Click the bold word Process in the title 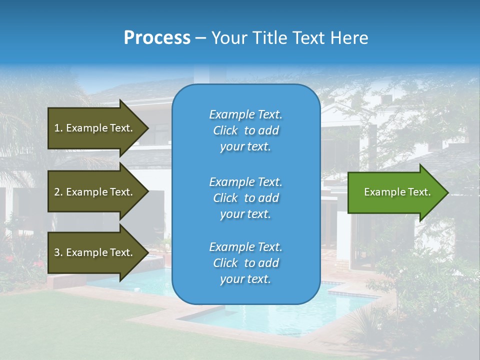pyautogui.click(x=157, y=38)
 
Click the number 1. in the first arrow pyautogui.click(x=58, y=128)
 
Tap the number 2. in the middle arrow pyautogui.click(x=58, y=192)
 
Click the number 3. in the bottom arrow pyautogui.click(x=58, y=252)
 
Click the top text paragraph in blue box pyautogui.click(x=245, y=130)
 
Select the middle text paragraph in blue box pyautogui.click(x=245, y=198)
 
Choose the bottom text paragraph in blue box pyautogui.click(x=245, y=263)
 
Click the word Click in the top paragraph pyautogui.click(x=225, y=130)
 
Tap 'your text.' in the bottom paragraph pyautogui.click(x=245, y=279)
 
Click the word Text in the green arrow pyautogui.click(x=419, y=192)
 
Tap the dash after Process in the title pyautogui.click(x=200, y=38)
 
